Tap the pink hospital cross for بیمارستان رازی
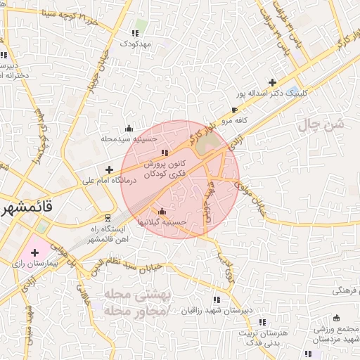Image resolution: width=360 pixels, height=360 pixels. click(x=34, y=252)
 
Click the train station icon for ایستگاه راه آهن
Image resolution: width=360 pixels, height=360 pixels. click(x=107, y=217)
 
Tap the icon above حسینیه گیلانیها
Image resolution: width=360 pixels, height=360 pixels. click(x=162, y=211)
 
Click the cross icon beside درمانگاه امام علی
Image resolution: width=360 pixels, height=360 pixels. click(x=109, y=169)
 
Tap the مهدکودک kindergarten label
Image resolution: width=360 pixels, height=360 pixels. click(x=136, y=44)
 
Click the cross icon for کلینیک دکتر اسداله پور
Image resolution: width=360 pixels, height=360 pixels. click(x=272, y=82)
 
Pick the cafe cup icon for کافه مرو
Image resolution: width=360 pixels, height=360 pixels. click(x=234, y=110)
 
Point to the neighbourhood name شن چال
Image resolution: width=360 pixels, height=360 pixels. click(x=323, y=124)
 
